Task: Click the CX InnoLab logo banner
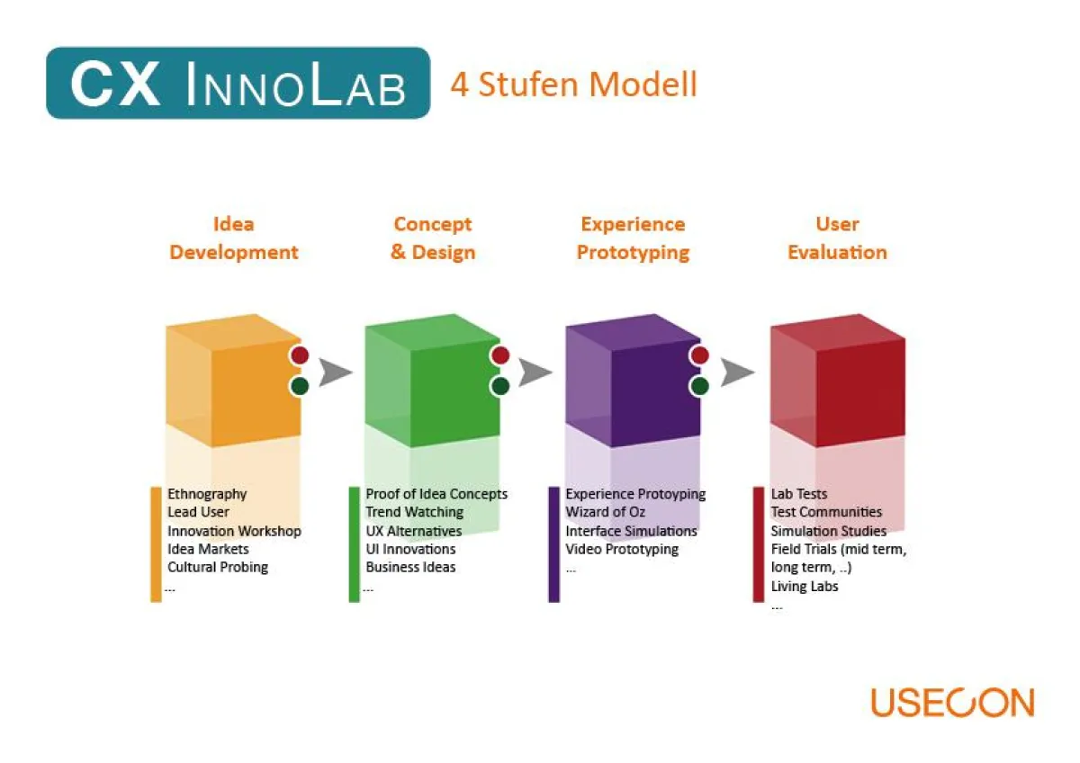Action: click(238, 84)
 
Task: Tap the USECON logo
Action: click(952, 703)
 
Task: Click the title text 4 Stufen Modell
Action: click(573, 85)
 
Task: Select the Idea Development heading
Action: click(234, 238)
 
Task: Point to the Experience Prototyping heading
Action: click(633, 238)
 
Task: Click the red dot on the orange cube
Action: click(300, 355)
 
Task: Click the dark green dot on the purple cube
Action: click(699, 386)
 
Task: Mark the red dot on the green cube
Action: click(500, 355)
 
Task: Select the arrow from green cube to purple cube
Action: click(535, 372)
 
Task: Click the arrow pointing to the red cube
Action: click(737, 372)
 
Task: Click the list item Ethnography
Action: click(207, 494)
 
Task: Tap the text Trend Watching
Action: click(414, 512)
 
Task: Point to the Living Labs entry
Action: click(805, 587)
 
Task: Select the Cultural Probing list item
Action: click(218, 567)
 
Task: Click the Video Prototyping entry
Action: click(622, 549)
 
